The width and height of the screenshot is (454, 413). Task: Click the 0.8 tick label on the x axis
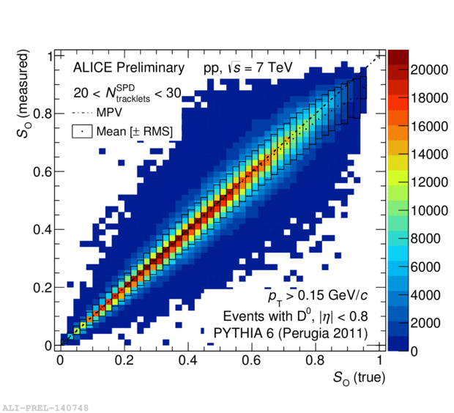(x=316, y=361)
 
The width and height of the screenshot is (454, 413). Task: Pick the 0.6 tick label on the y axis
(x=43, y=171)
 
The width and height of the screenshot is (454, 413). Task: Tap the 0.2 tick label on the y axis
(x=43, y=287)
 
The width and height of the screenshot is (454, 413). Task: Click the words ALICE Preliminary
(x=129, y=68)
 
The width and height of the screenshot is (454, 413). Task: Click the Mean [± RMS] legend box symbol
(x=82, y=132)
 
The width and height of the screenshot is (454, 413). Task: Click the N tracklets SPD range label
(x=128, y=93)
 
